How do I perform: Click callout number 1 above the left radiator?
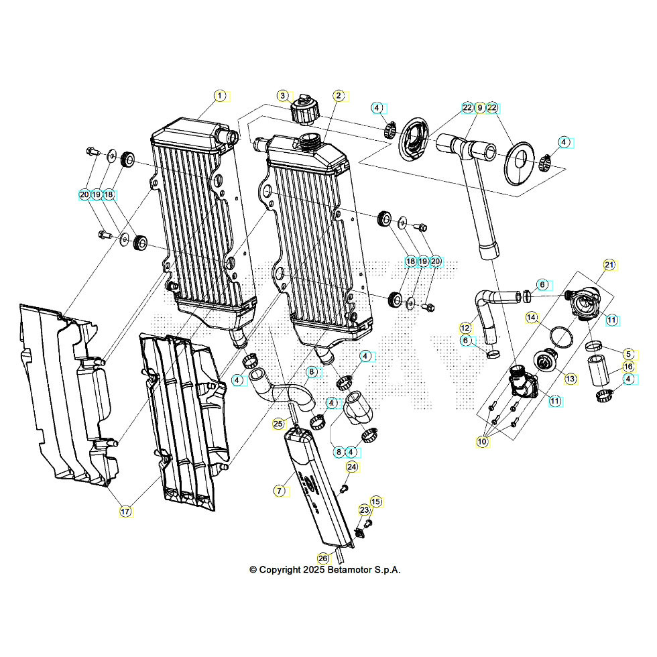pyautogui.click(x=219, y=96)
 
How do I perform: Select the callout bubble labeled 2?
pyautogui.click(x=339, y=96)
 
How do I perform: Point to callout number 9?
pyautogui.click(x=479, y=108)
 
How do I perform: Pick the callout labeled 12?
pyautogui.click(x=465, y=328)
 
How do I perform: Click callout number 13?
pyautogui.click(x=570, y=379)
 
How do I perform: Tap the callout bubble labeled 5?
pyautogui.click(x=628, y=353)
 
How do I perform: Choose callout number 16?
pyautogui.click(x=628, y=367)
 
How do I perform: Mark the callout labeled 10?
pyautogui.click(x=482, y=441)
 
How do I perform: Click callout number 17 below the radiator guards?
pyautogui.click(x=125, y=512)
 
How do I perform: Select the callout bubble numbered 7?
pyautogui.click(x=278, y=491)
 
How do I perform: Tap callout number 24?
pyautogui.click(x=352, y=467)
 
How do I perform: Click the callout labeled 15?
pyautogui.click(x=375, y=501)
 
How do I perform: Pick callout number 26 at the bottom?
pyautogui.click(x=323, y=558)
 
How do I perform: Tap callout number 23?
pyautogui.click(x=364, y=510)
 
